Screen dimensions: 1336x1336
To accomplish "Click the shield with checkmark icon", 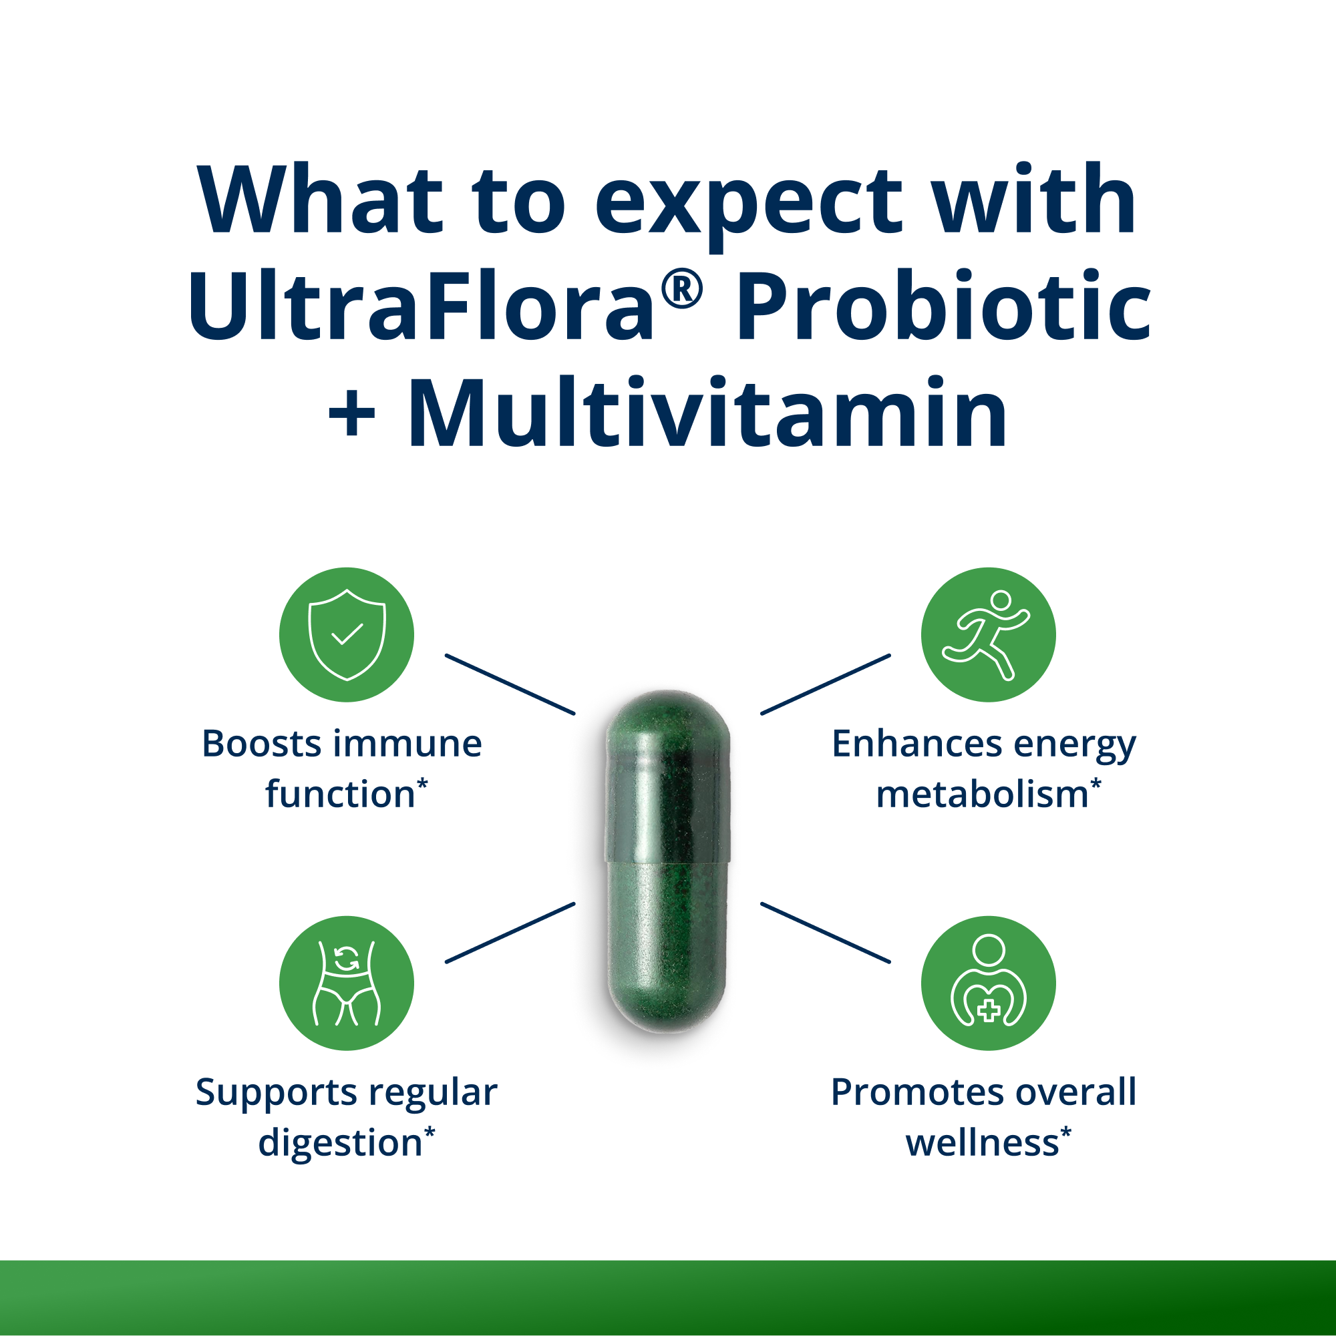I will [x=346, y=635].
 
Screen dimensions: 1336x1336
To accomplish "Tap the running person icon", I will [x=987, y=635].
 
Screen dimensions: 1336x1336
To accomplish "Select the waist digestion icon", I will [x=346, y=983].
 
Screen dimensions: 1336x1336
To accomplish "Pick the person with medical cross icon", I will [x=987, y=983].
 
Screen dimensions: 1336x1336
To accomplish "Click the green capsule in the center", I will [x=667, y=861].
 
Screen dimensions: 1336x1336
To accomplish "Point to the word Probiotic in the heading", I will [x=943, y=306].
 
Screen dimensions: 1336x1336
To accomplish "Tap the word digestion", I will [x=340, y=1143].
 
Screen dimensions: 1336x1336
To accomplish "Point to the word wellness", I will [x=982, y=1143].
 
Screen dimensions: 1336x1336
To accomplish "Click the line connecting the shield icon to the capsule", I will [x=510, y=684].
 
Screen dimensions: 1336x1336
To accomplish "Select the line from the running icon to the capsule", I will [x=825, y=684].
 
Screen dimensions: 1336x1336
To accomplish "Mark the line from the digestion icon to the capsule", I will [x=510, y=932].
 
